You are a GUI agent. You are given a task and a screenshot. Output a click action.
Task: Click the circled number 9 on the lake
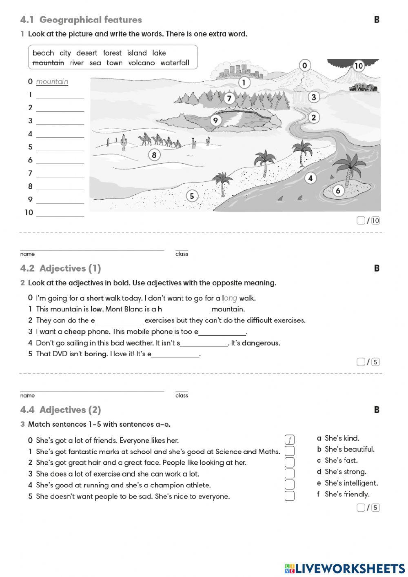coord(215,120)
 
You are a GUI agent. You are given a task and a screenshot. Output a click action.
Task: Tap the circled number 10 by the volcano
coord(358,66)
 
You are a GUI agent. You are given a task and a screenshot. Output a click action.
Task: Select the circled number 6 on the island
coord(338,191)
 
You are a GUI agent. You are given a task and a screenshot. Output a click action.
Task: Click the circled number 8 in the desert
coord(154,155)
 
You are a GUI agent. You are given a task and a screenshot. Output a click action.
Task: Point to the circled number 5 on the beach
coord(192,196)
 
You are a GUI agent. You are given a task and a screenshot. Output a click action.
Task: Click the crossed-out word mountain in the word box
coord(48,63)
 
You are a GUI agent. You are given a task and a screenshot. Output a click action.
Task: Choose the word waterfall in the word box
coord(175,63)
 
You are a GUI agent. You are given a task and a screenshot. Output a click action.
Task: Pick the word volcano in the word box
coord(142,63)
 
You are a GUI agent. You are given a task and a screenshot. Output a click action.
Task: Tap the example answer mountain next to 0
coord(52,82)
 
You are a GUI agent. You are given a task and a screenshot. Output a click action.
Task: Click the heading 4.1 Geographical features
coord(81,20)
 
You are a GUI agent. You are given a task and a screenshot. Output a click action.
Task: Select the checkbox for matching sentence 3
coord(289,473)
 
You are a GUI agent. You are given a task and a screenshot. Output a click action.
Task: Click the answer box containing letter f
coord(289,440)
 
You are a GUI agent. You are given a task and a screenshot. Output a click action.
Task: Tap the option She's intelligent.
coord(351,483)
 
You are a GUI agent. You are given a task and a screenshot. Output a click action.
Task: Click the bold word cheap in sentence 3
coord(75,332)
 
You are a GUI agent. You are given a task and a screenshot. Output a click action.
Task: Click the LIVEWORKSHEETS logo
coord(345,568)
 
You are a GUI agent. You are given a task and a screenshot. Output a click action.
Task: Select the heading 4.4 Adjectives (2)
coord(60,410)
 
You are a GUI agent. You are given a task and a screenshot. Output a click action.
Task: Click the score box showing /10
coord(368,221)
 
